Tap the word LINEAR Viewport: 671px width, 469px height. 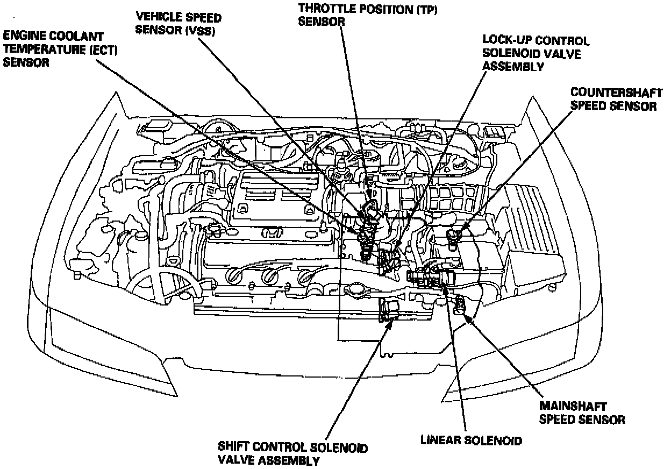click(438, 440)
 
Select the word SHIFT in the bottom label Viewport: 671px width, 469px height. click(234, 447)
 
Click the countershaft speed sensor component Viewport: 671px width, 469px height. click(453, 237)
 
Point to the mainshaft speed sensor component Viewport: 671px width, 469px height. click(460, 304)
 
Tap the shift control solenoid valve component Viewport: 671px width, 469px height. click(388, 311)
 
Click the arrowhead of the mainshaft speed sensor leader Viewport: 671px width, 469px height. click(468, 318)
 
